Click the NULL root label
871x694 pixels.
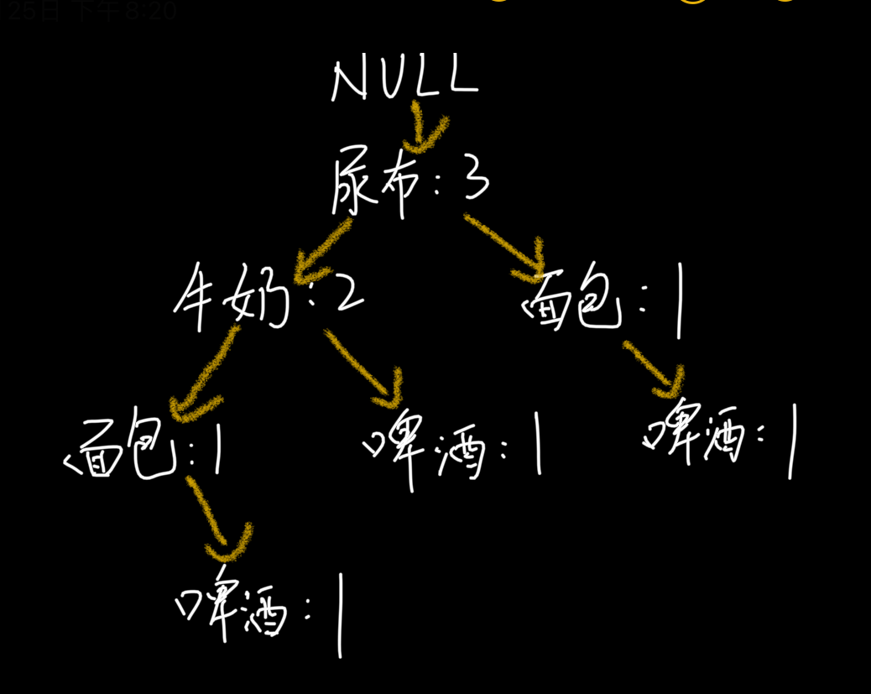tap(404, 80)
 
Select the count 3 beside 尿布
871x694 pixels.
tap(475, 178)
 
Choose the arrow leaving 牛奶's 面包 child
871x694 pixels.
tap(214, 516)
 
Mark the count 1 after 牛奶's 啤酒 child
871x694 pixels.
tap(537, 445)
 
